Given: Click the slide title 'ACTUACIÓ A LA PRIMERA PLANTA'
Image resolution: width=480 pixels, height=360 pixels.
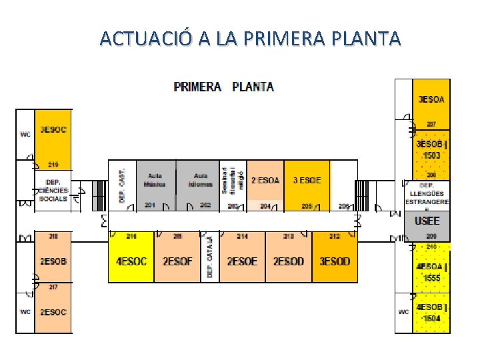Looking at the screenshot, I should (x=250, y=38).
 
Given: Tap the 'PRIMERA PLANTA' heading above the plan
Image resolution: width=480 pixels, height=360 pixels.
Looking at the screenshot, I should (x=223, y=87).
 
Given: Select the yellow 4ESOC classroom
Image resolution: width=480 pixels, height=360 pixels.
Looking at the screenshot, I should (x=131, y=261).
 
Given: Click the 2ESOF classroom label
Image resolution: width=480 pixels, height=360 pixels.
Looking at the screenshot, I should (x=177, y=261).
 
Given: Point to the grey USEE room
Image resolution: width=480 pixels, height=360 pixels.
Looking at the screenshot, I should (x=427, y=221).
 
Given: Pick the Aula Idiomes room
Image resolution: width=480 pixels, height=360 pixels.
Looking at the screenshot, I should (x=200, y=180).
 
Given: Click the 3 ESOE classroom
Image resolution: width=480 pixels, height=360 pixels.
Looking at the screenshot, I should (x=307, y=180).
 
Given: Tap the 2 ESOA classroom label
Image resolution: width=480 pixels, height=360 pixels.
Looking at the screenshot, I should (x=265, y=180).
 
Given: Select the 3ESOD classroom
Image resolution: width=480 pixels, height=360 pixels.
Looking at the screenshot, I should (x=335, y=261).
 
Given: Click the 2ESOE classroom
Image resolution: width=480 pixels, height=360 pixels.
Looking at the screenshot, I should (x=242, y=261).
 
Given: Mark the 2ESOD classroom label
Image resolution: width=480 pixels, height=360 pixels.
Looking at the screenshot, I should (x=288, y=261).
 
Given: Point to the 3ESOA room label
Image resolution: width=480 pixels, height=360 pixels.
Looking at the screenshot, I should (x=431, y=100).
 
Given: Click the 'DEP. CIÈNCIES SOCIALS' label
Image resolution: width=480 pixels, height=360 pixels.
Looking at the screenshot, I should (x=53, y=190).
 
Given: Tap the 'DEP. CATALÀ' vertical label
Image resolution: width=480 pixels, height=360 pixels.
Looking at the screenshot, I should (x=210, y=257).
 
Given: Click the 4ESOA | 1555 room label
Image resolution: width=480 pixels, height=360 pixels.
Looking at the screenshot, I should (x=431, y=271).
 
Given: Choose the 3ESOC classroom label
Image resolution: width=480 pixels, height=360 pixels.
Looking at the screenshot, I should (x=53, y=130).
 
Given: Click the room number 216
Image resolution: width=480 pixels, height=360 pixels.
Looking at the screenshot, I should (x=131, y=237).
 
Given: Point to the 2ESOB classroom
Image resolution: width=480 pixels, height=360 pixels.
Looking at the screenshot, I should (x=53, y=261).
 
